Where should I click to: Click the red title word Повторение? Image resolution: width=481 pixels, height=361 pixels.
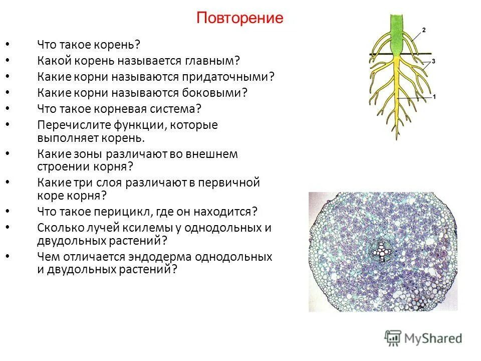point(239,19)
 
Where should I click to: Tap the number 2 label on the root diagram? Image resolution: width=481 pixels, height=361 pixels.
point(423,31)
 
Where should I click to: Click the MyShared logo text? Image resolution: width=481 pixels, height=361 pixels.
point(433,337)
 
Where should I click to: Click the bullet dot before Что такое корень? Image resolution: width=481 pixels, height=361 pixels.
point(8,45)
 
